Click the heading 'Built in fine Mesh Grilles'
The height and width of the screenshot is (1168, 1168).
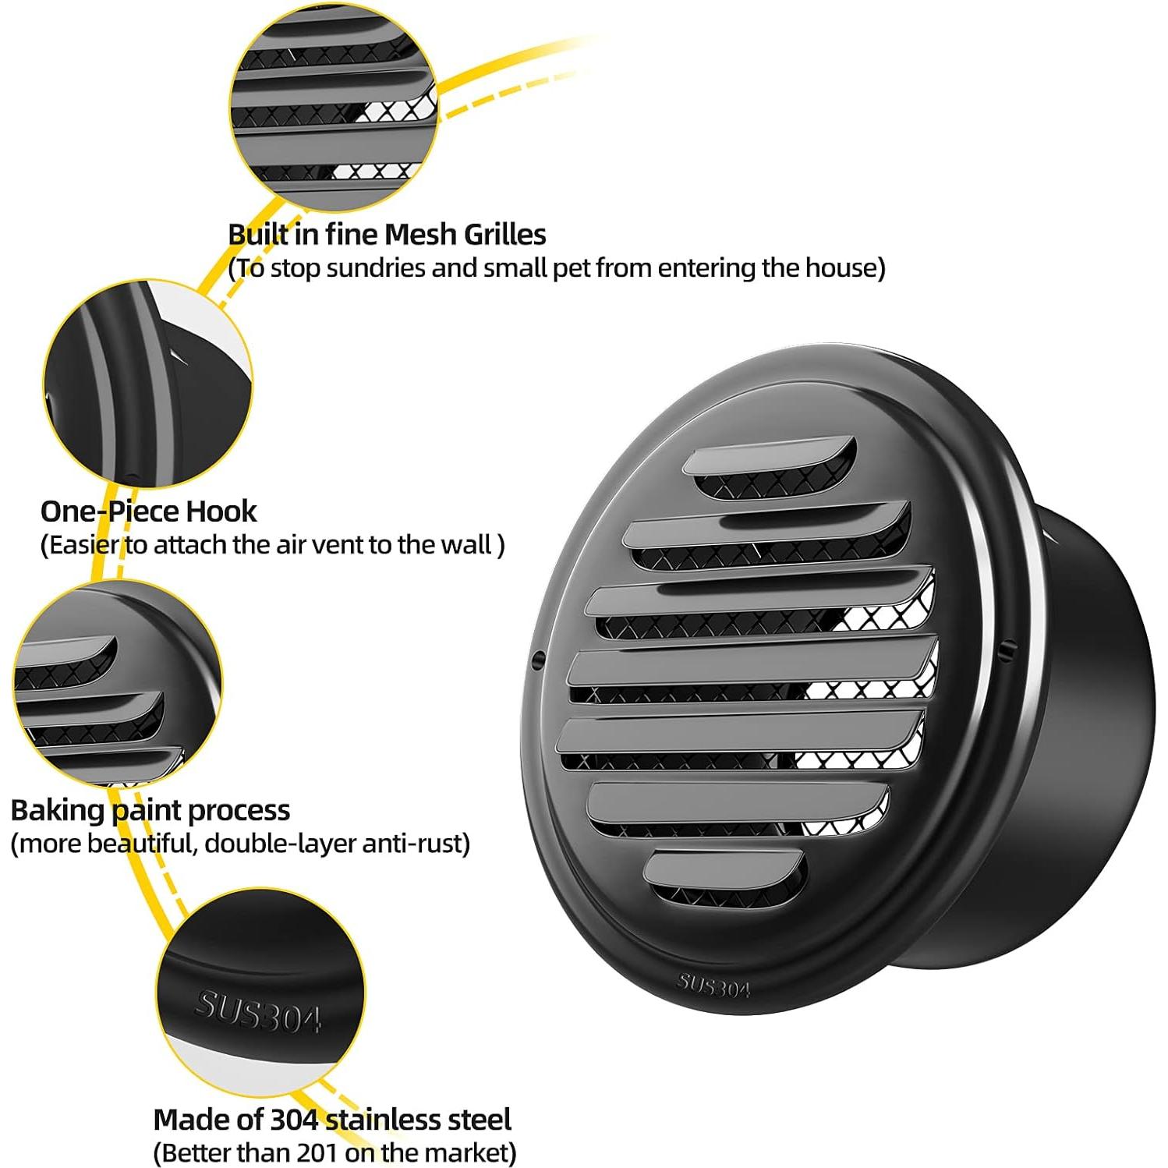(x=387, y=234)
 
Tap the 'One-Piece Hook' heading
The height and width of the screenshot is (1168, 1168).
(x=148, y=511)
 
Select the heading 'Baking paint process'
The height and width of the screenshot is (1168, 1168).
(x=150, y=810)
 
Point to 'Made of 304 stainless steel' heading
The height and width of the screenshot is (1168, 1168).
(x=332, y=1119)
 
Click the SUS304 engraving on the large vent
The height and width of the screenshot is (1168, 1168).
(x=713, y=985)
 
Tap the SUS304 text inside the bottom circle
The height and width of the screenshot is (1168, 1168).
(x=258, y=1011)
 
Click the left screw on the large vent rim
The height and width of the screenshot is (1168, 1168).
(x=537, y=661)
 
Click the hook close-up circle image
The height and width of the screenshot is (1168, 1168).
(x=148, y=382)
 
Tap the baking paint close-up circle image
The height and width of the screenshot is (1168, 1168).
(x=117, y=686)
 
